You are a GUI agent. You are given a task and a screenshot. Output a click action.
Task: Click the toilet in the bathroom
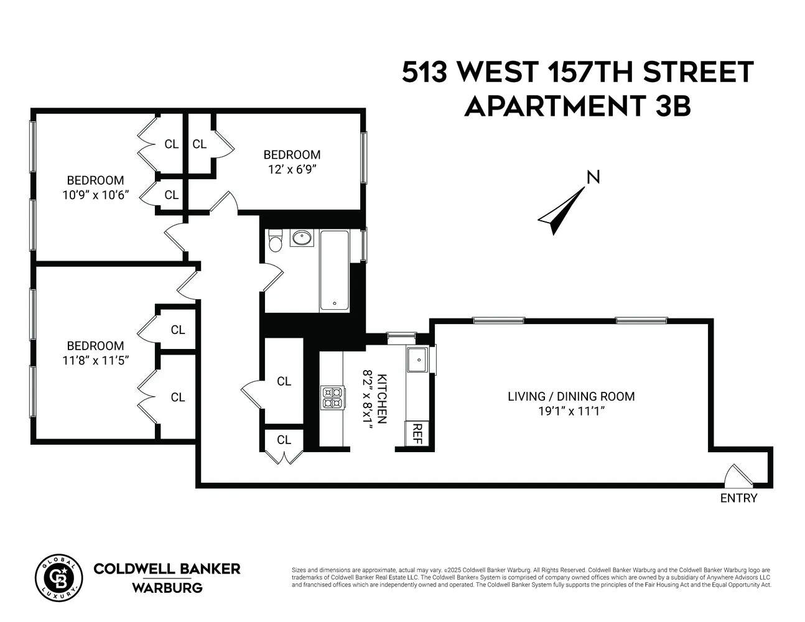275,240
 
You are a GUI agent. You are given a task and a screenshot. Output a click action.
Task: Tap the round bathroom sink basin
302,238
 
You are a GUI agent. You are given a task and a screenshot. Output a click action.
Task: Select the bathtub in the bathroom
335,271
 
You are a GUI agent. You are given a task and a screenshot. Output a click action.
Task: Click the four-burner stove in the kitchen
332,397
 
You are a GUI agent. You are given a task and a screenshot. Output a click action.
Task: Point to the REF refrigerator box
417,434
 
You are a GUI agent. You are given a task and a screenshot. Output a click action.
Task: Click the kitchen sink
417,360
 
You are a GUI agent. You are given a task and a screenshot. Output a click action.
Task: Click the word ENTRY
738,498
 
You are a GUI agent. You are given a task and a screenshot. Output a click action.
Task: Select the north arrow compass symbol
561,211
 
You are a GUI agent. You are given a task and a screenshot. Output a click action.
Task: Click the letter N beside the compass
593,177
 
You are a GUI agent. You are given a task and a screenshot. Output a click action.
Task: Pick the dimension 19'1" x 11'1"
571,411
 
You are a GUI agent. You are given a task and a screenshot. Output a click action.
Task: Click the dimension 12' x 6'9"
292,170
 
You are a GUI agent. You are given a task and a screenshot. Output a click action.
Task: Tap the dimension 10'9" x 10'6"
96,195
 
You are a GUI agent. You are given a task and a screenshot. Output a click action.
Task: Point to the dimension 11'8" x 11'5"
96,360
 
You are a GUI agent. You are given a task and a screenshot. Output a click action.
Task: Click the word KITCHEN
381,399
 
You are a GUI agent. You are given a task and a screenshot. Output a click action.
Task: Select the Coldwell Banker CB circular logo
58,577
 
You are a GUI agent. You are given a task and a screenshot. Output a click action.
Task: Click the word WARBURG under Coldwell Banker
167,588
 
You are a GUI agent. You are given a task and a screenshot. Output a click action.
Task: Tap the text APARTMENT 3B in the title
577,106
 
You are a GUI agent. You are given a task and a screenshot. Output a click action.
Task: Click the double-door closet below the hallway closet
284,446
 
